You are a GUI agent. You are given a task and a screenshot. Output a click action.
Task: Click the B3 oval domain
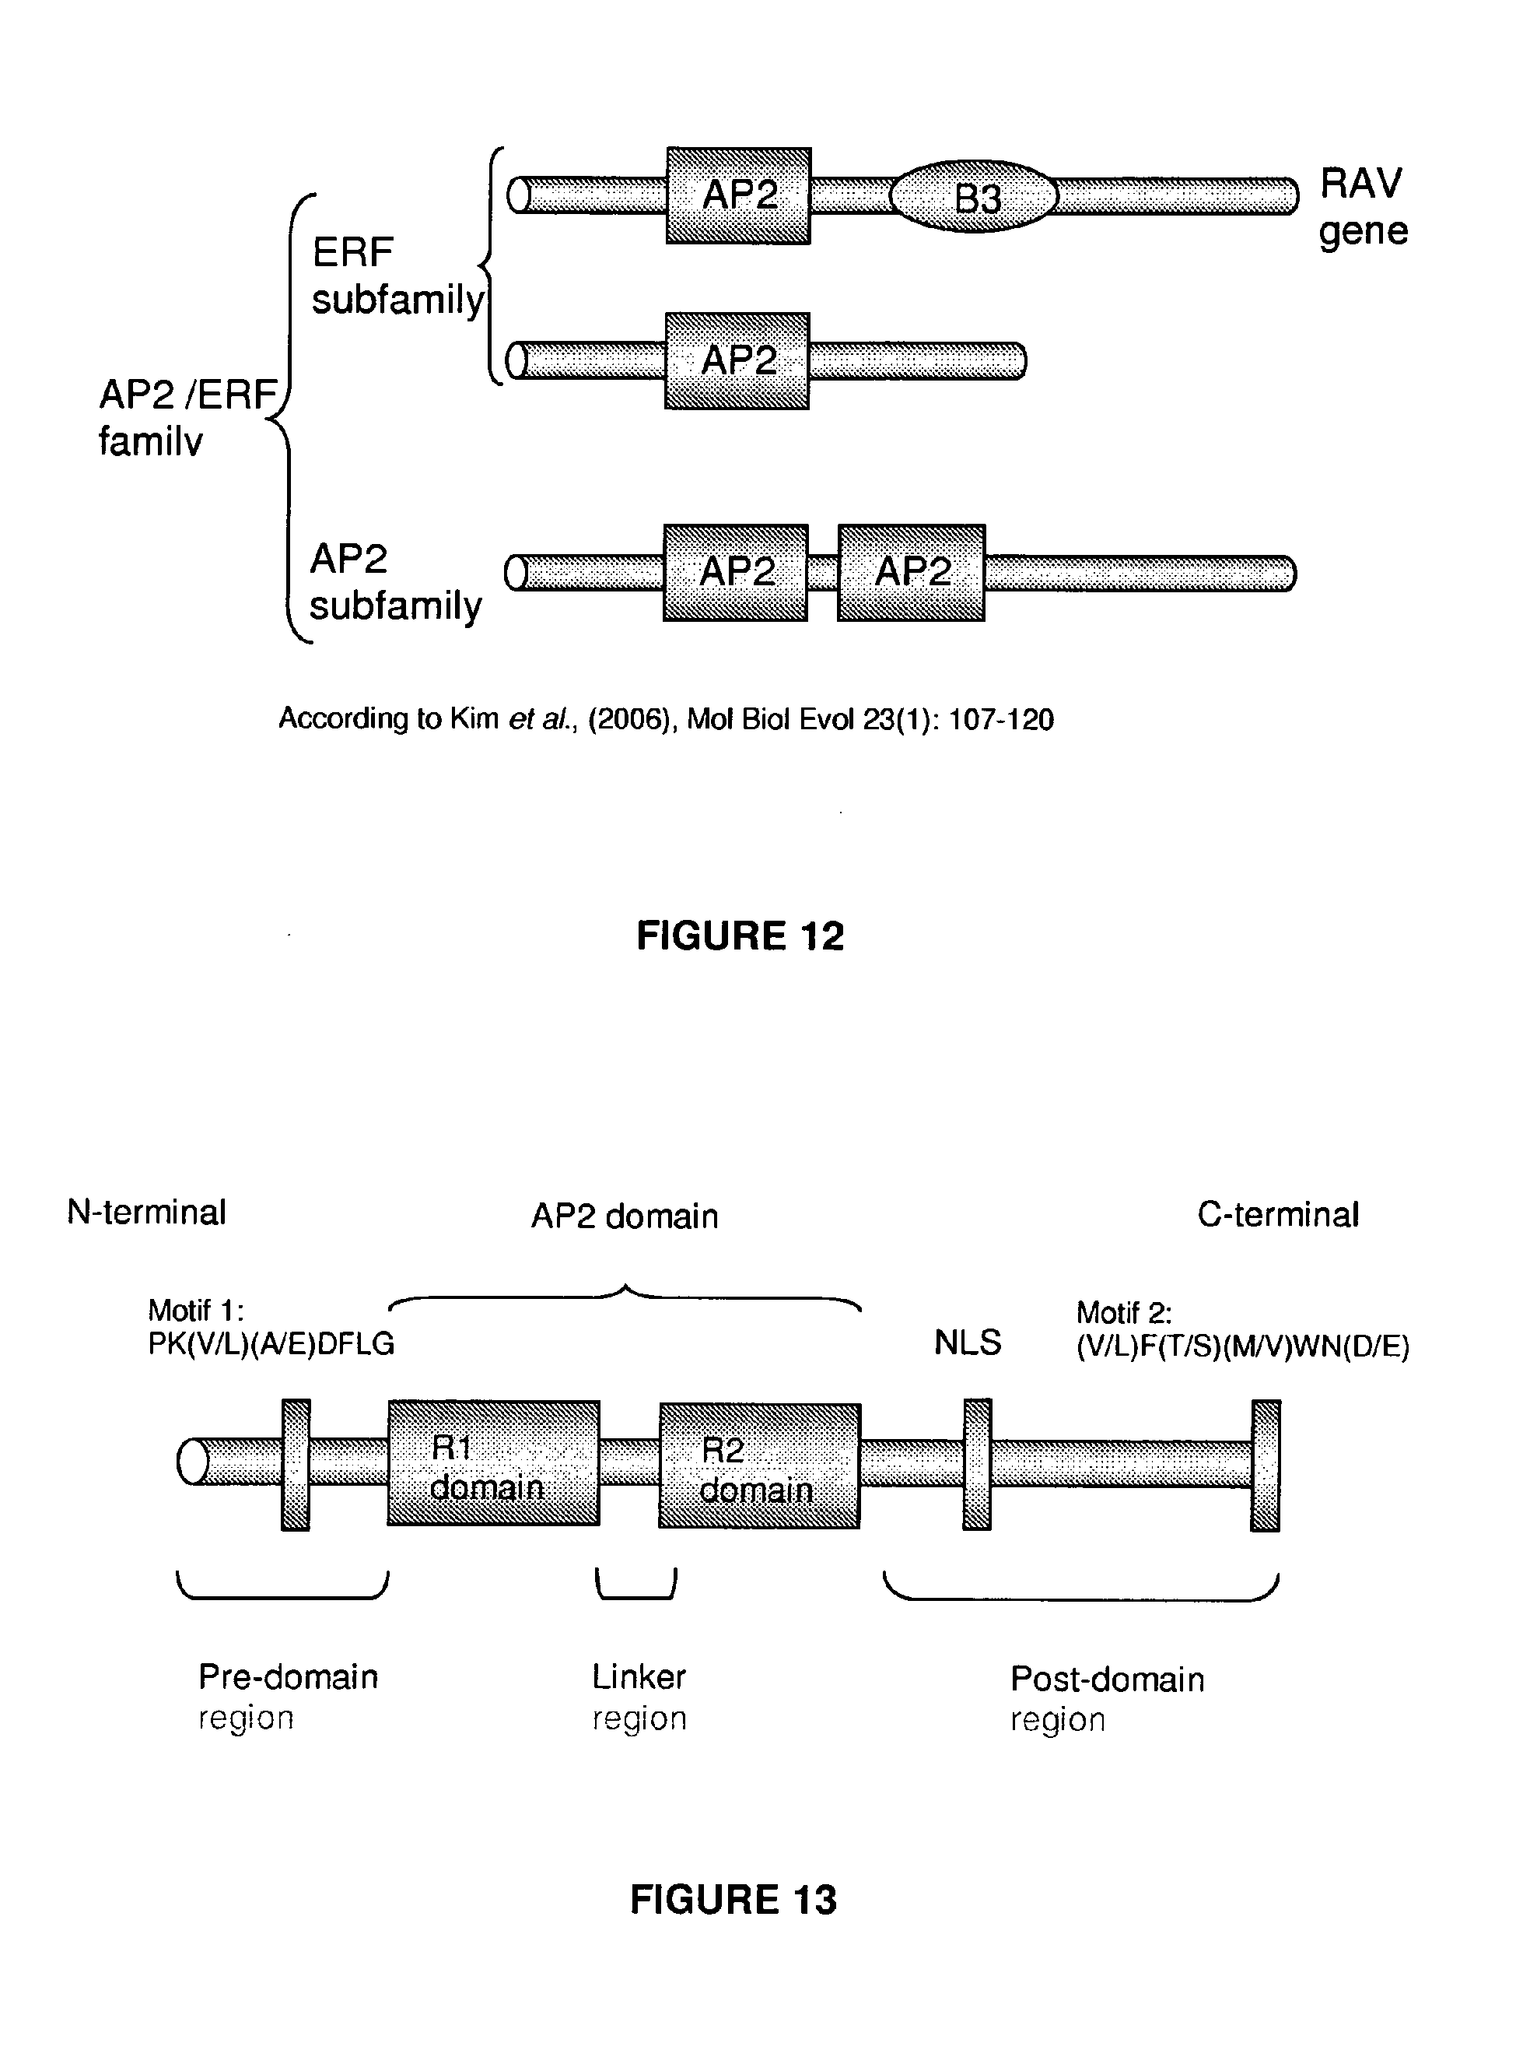[975, 196]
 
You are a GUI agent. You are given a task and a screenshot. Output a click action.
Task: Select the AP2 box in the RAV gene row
[739, 195]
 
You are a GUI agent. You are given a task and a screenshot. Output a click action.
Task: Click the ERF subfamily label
[397, 276]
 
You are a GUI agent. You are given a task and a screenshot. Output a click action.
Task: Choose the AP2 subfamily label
[394, 582]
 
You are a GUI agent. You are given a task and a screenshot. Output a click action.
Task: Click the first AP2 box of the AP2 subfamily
[736, 573]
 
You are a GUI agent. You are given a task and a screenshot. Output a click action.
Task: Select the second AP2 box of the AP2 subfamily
[912, 573]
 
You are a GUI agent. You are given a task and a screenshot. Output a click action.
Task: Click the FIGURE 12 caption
[740, 935]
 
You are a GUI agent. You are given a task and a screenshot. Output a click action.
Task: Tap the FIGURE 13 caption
[733, 1898]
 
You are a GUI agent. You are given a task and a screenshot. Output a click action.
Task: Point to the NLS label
[967, 1343]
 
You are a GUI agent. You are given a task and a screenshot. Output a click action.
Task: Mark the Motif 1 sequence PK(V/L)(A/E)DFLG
[271, 1344]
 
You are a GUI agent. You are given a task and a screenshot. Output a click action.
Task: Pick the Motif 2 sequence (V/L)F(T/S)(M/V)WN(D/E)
[1242, 1346]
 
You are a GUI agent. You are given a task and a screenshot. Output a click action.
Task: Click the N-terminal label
[147, 1213]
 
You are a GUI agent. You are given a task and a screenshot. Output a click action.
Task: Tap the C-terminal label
[1277, 1215]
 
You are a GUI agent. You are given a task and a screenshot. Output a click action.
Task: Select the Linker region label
[639, 1697]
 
